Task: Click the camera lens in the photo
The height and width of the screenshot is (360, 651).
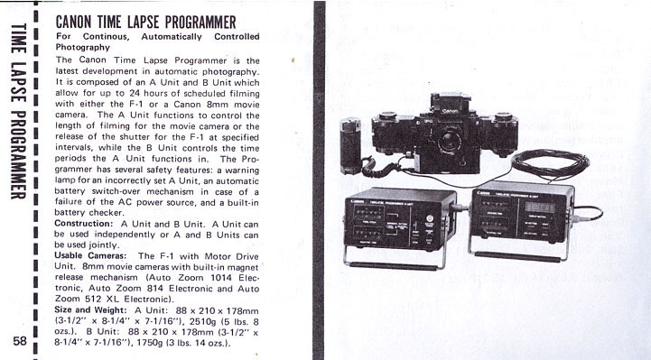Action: click(449, 140)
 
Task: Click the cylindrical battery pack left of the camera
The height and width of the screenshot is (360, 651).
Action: click(350, 145)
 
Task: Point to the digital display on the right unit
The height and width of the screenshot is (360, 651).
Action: click(540, 207)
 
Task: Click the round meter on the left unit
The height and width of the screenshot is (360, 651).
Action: click(430, 218)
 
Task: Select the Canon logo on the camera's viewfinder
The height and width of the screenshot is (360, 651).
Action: click(450, 111)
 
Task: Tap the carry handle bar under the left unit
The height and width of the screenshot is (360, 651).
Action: click(394, 265)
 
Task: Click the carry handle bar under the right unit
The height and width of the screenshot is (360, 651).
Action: click(517, 257)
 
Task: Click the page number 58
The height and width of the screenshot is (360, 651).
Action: click(20, 341)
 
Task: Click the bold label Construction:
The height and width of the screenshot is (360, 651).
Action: click(83, 224)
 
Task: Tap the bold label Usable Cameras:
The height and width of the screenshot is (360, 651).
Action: click(90, 256)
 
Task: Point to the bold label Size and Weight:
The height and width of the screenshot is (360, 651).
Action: click(90, 309)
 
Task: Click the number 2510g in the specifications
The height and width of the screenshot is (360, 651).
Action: click(201, 321)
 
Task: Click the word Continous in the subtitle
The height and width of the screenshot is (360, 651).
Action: click(106, 36)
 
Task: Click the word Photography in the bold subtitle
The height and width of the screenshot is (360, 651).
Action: click(83, 47)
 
